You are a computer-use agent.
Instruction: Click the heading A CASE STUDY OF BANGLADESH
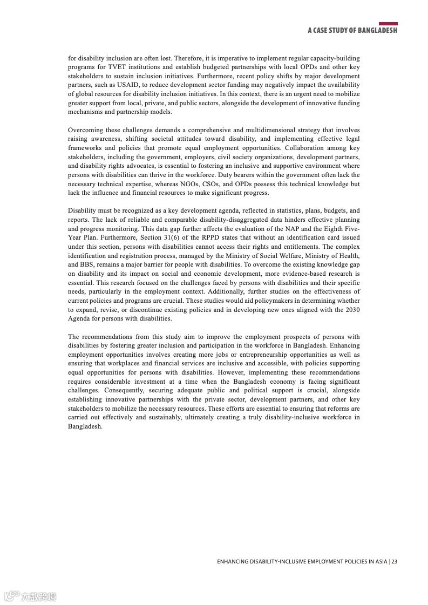tap(352, 31)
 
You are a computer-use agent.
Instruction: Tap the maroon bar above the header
tap(388, 24)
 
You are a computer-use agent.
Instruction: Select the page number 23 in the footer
tap(395, 561)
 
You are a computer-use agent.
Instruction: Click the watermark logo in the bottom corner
tap(30, 596)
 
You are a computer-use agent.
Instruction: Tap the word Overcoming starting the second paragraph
tap(86, 130)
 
